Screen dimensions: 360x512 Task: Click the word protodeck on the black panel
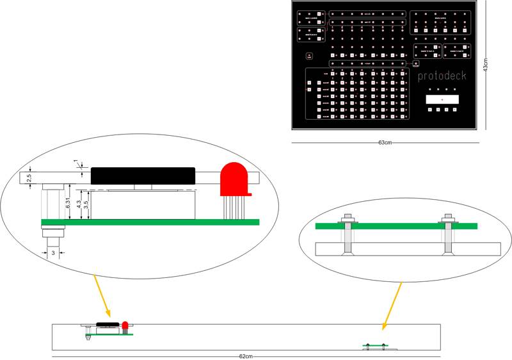pyautogui.click(x=442, y=76)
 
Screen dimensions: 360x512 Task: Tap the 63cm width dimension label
pyautogui.click(x=385, y=142)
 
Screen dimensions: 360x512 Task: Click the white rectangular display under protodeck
pyautogui.click(x=442, y=100)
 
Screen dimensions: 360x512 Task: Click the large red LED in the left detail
pyautogui.click(x=234, y=180)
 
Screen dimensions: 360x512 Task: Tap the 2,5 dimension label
pyautogui.click(x=29, y=177)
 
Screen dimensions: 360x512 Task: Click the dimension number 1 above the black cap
pyautogui.click(x=76, y=161)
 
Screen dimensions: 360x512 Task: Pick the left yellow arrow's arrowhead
pyautogui.click(x=109, y=315)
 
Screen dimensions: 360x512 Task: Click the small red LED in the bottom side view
pyautogui.click(x=125, y=327)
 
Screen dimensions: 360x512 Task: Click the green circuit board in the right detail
pyautogui.click(x=397, y=225)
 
